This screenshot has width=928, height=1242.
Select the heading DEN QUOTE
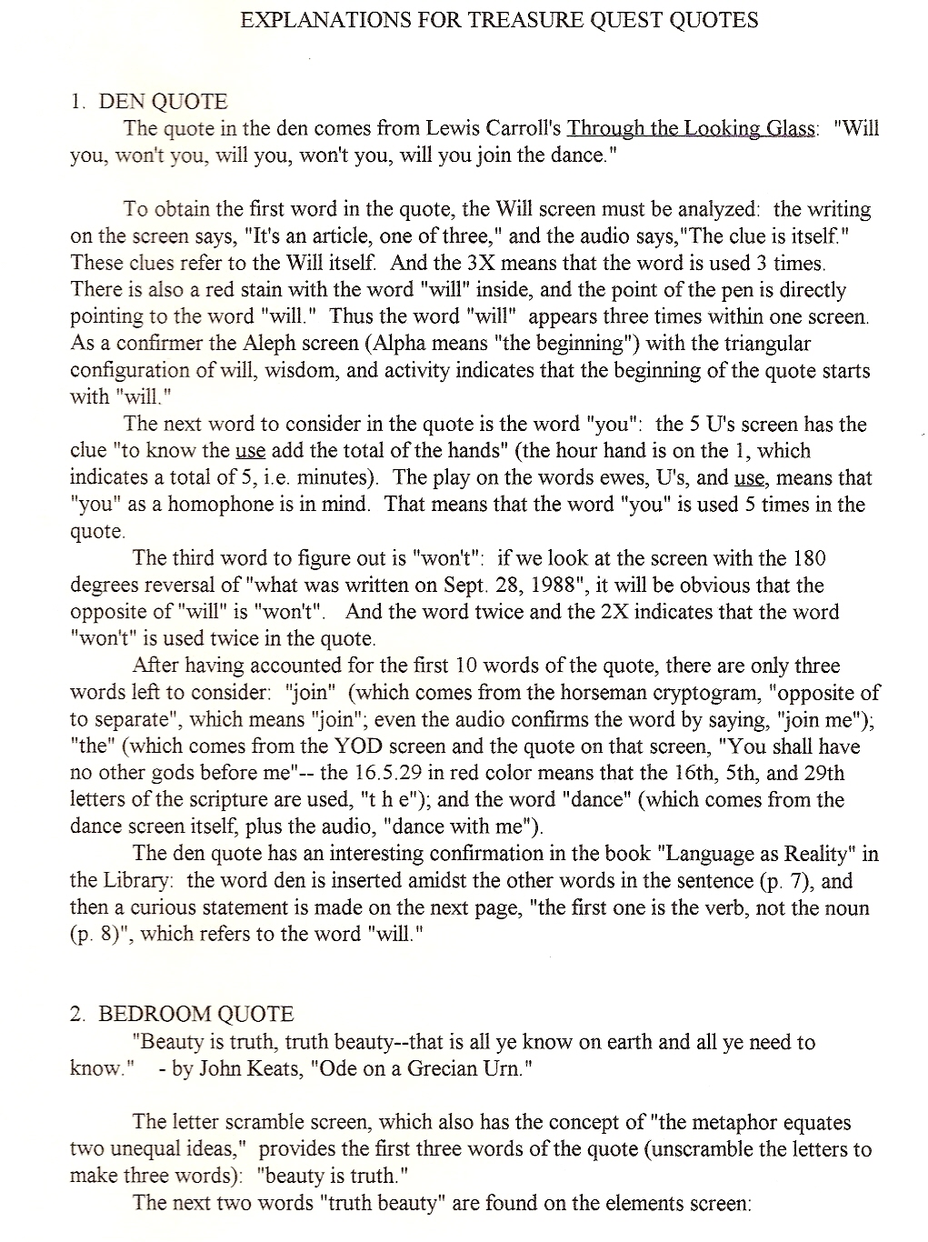163,102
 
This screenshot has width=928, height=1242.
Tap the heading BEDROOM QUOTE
195,1015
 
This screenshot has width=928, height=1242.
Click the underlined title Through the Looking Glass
691,128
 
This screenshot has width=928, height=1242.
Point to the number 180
808,558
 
